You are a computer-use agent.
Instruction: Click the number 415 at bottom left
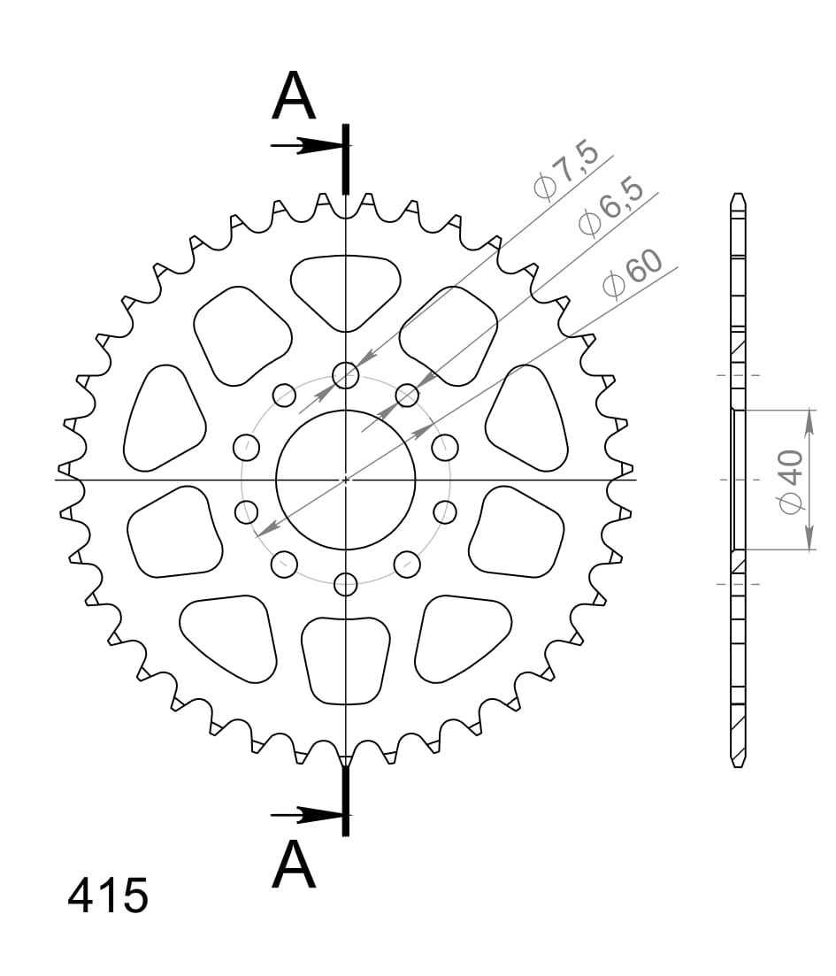click(108, 896)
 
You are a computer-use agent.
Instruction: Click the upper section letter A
click(294, 97)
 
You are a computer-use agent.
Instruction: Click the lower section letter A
click(294, 865)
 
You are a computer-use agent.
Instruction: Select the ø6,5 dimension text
click(610, 213)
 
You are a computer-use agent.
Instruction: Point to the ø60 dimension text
click(633, 274)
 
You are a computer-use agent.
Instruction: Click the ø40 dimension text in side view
click(789, 480)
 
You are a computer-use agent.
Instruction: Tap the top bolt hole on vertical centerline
click(346, 375)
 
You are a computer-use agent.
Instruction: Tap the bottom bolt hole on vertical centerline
click(346, 584)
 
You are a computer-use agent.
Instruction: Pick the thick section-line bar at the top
click(346, 159)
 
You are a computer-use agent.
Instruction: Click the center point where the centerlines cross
click(346, 480)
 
